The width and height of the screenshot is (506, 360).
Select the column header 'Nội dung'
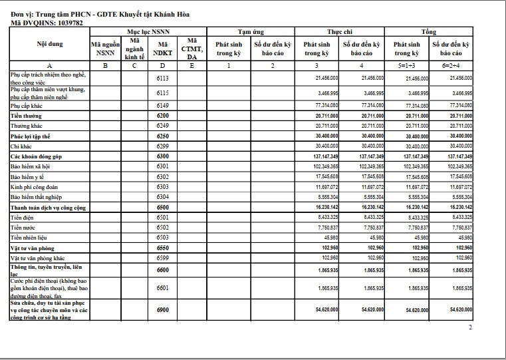click(x=50, y=44)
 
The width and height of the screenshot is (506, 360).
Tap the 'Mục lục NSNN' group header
click(x=148, y=31)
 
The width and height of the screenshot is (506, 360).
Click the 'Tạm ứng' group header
click(x=251, y=31)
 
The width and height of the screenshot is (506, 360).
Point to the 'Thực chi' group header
click(x=339, y=31)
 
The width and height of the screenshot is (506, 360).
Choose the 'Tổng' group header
click(x=429, y=31)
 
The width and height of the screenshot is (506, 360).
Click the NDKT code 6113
click(x=162, y=78)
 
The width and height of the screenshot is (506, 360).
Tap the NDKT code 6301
click(x=162, y=166)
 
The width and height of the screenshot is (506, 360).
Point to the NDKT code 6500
click(x=162, y=207)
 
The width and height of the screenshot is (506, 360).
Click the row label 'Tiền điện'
click(x=23, y=217)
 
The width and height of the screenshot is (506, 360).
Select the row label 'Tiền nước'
click(x=23, y=227)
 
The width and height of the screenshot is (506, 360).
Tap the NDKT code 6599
click(x=162, y=258)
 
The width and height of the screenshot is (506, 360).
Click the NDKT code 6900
click(x=162, y=310)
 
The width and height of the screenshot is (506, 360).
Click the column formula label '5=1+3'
click(x=406, y=65)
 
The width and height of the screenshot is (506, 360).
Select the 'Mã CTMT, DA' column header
click(x=191, y=48)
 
